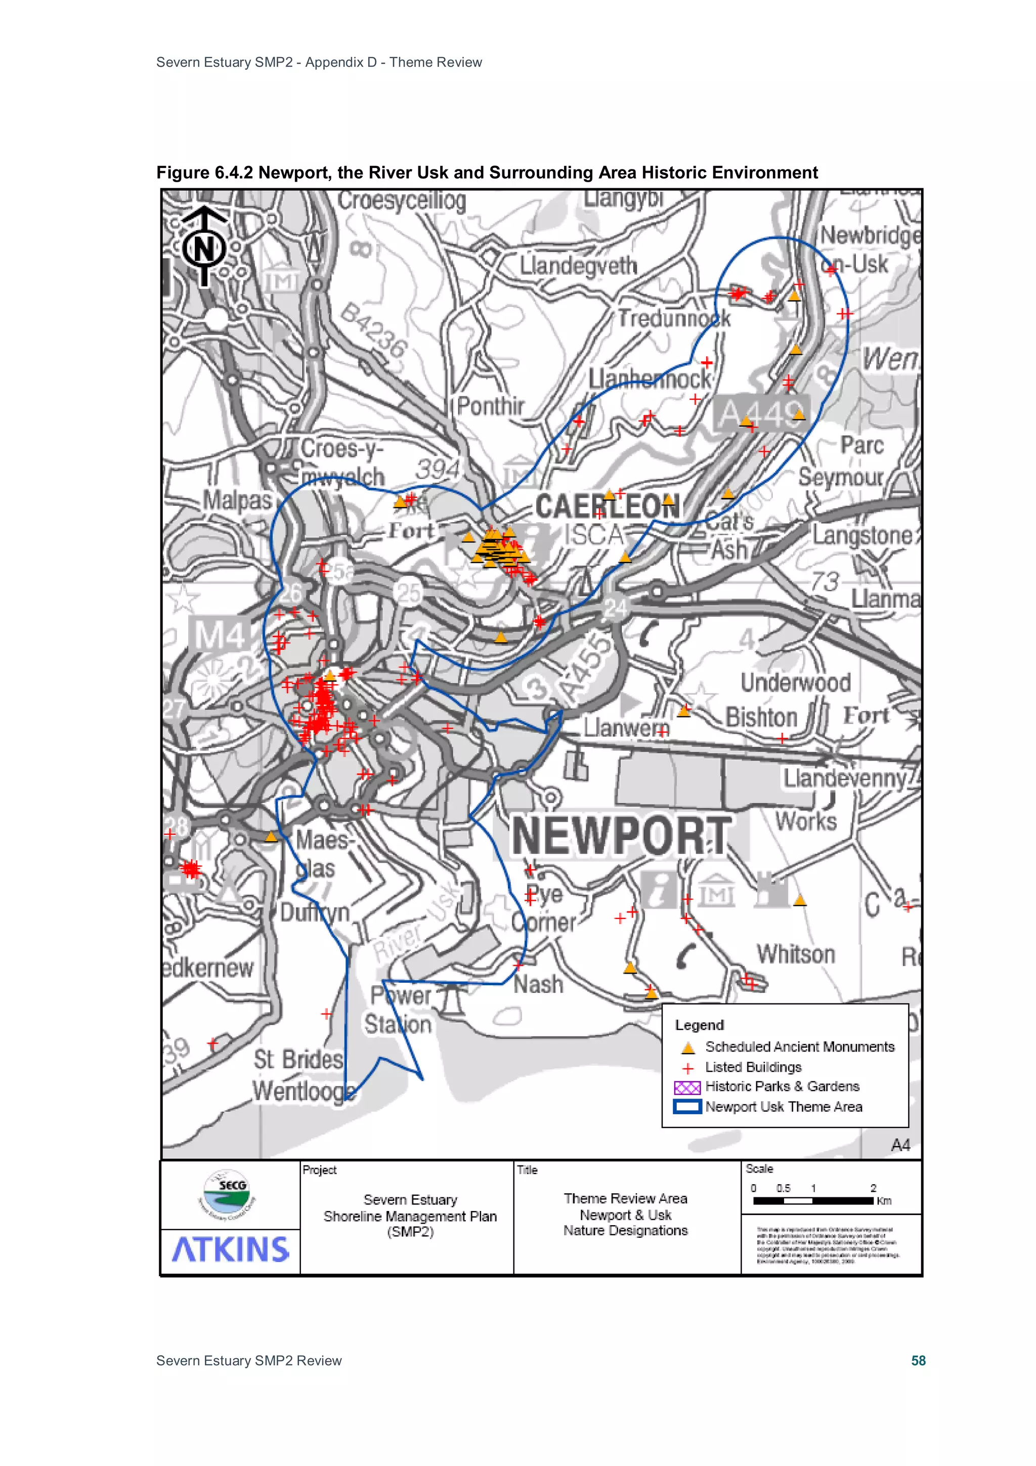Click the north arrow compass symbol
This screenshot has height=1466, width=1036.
coord(204,246)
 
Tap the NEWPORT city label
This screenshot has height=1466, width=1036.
coord(621,836)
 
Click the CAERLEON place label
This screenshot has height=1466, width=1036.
coord(607,507)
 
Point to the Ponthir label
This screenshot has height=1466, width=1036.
coord(490,406)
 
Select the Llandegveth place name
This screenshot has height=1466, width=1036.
coord(578,266)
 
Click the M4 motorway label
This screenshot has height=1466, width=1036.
coord(219,635)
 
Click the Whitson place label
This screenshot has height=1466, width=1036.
coord(795,954)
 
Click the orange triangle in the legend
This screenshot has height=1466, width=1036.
coord(687,1048)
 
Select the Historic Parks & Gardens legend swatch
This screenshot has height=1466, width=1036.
coord(687,1087)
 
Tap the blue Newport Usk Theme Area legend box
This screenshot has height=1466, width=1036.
coord(687,1107)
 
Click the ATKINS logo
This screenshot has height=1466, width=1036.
coord(231,1249)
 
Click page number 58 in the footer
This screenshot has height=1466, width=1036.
coord(918,1360)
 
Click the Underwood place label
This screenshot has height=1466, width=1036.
coord(795,683)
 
